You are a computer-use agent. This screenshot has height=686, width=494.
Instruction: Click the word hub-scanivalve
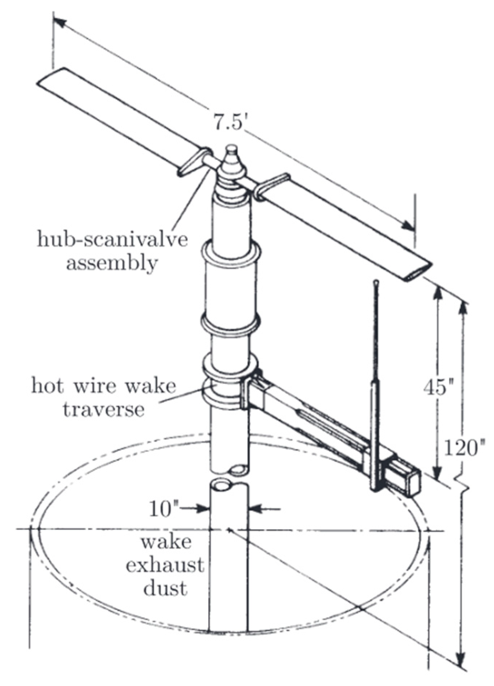pyautogui.click(x=112, y=240)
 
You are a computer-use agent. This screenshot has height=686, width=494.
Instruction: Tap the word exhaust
pyautogui.click(x=165, y=565)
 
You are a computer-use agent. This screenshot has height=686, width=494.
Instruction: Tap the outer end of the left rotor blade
pyautogui.click(x=51, y=77)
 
